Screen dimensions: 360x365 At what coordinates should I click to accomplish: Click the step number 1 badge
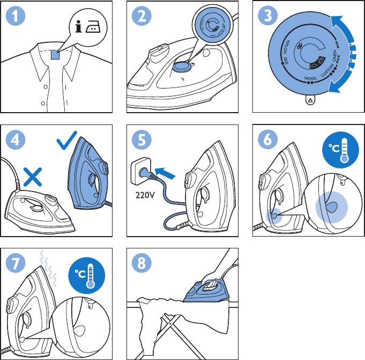16,16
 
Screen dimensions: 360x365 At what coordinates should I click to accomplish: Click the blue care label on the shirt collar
55,54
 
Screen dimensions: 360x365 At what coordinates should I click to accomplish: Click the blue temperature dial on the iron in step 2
182,65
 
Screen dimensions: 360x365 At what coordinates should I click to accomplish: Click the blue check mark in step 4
67,141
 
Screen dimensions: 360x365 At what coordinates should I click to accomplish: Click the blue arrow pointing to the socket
165,173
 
